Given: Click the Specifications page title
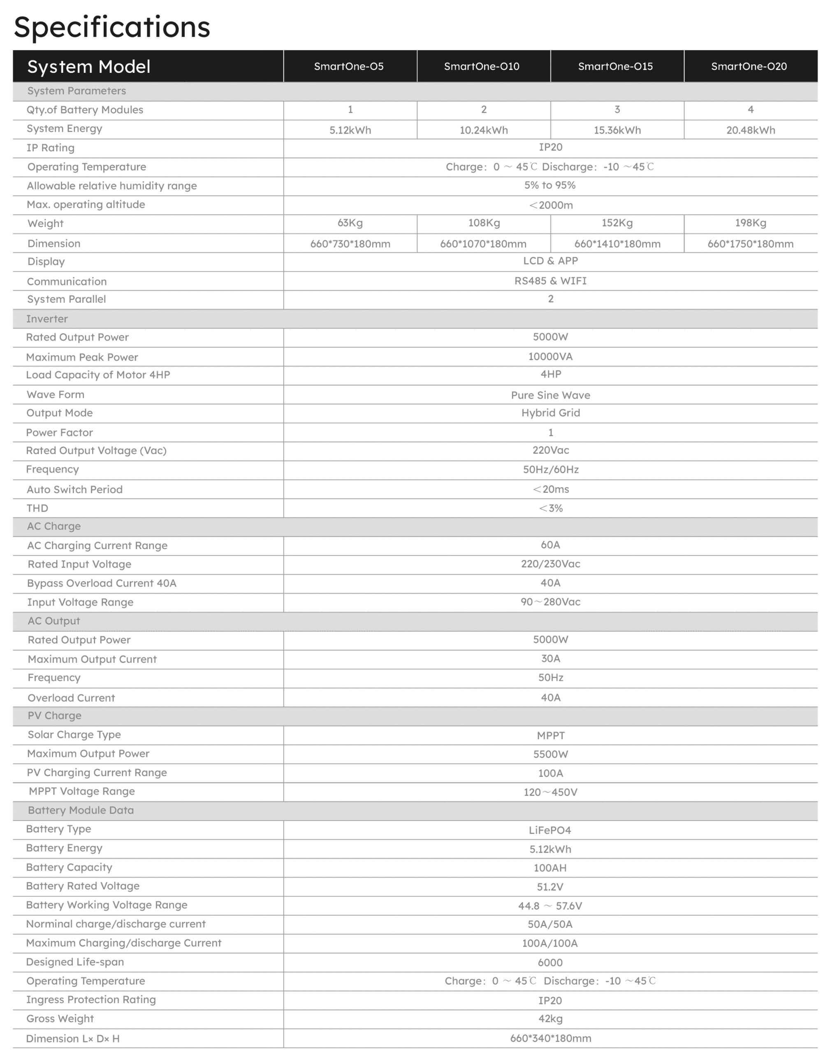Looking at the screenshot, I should [112, 27].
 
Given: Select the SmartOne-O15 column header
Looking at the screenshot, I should [615, 67].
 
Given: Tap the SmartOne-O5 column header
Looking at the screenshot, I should [349, 67].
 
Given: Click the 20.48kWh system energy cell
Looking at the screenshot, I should [750, 130].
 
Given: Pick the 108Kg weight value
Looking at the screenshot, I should [484, 223].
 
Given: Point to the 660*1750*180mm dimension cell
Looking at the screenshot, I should [750, 244].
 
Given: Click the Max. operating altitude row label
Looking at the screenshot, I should [86, 204].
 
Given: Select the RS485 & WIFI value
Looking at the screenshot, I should [550, 281].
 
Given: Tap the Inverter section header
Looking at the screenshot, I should [47, 319].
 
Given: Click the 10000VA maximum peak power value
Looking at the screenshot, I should [550, 357].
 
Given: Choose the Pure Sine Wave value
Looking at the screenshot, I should [550, 395].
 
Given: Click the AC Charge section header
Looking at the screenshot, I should [53, 526].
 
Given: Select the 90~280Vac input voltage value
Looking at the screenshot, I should [550, 602].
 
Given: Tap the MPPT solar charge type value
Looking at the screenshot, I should [550, 736].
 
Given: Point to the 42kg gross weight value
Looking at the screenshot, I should [550, 1019].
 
